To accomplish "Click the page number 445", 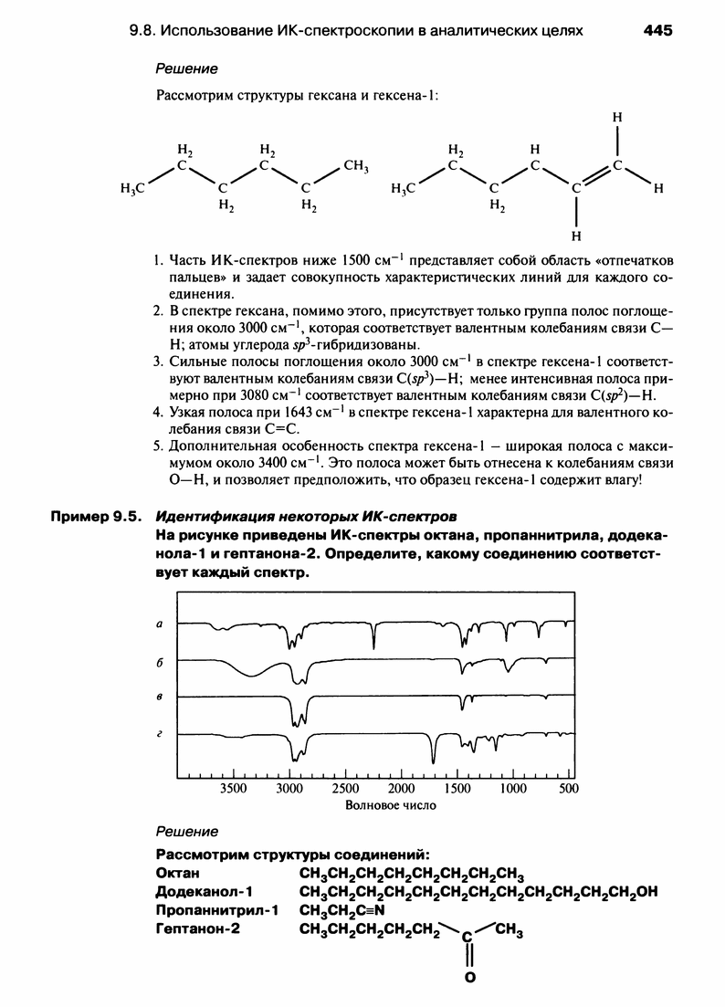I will click(657, 30).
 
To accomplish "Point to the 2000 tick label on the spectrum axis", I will click(402, 788).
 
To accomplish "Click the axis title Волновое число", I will click(391, 805).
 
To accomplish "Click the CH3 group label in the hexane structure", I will click(355, 166).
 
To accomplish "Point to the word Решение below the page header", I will click(186, 69).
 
